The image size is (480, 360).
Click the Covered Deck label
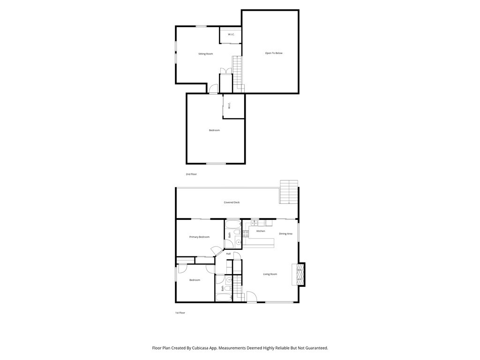[232, 202]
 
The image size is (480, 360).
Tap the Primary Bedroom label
[199, 237]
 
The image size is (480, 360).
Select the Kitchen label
[261, 231]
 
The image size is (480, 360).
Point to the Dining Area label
[286, 233]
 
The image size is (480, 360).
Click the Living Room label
[270, 274]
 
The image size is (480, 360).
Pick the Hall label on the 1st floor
[228, 254]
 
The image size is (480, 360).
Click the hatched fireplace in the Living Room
[299, 274]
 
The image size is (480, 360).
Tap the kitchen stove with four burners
[246, 233]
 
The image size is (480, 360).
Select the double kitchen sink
[255, 223]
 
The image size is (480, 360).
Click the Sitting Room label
[205, 54]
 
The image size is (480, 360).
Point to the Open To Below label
[274, 53]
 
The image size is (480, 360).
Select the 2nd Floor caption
[191, 174]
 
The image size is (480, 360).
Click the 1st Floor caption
[180, 313]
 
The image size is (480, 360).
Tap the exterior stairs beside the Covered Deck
[289, 192]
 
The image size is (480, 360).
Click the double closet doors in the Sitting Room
[225, 71]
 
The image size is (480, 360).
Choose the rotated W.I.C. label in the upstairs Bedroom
[229, 106]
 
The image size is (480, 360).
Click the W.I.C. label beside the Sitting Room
[232, 35]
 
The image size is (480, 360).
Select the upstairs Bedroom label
[214, 130]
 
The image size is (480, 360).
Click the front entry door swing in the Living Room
[252, 297]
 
